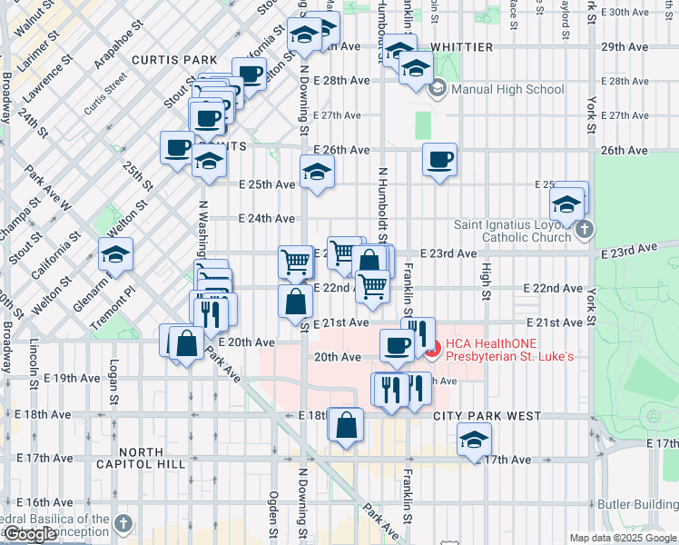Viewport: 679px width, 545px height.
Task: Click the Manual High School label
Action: point(507,89)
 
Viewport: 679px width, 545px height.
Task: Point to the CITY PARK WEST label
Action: point(487,416)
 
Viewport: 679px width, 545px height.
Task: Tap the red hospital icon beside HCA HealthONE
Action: point(433,347)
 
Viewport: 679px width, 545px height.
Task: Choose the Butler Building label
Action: point(636,504)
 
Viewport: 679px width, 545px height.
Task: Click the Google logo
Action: point(31,534)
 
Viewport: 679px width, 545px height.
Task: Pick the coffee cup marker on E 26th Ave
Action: point(439,161)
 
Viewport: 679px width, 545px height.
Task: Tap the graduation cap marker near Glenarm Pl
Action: point(115,255)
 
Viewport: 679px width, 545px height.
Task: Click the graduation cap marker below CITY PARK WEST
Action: point(473,440)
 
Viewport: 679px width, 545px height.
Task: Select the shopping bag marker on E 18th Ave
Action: point(347,424)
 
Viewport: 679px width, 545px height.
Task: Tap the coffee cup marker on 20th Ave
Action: point(397,345)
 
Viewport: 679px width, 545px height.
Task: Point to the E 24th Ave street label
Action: point(267,218)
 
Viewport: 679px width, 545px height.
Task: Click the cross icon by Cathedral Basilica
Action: point(123,524)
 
